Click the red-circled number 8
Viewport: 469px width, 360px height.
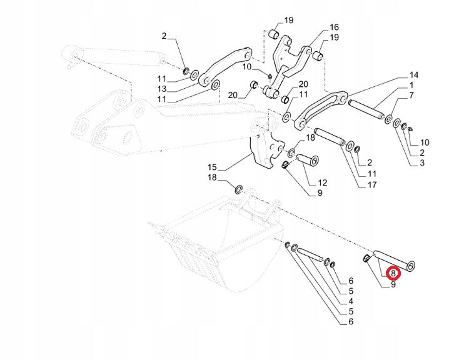pyautogui.click(x=393, y=272)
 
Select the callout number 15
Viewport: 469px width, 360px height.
pyautogui.click(x=211, y=167)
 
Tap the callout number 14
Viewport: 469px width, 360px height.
pyautogui.click(x=414, y=75)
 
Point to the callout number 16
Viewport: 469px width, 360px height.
pyautogui.click(x=334, y=27)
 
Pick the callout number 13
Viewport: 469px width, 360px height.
pyautogui.click(x=161, y=89)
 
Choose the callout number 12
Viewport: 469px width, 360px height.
pyautogui.click(x=323, y=183)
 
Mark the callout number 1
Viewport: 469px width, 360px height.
pyautogui.click(x=411, y=84)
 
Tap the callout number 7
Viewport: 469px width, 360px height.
pyautogui.click(x=411, y=95)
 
